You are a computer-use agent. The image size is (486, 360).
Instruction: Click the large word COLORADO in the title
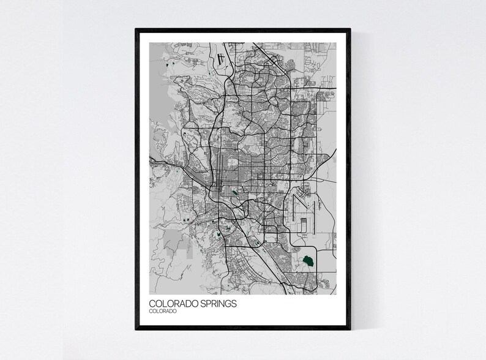point(168,303)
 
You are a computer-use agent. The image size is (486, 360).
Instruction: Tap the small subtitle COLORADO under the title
point(163,312)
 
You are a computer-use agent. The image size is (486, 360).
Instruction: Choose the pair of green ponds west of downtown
point(184,219)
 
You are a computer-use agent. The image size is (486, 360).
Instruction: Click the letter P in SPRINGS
point(198,303)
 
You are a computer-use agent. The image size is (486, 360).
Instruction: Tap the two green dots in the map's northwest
point(170,63)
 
